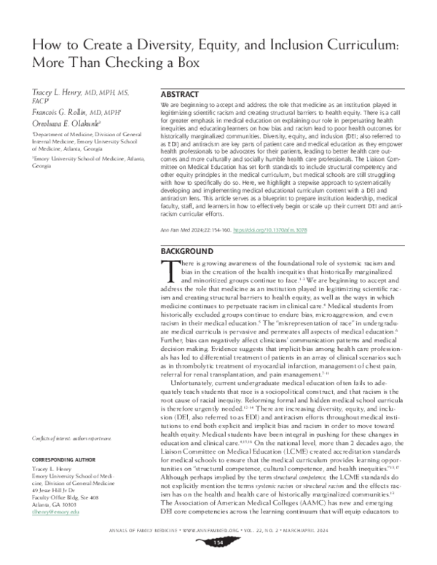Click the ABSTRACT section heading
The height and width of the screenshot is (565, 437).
coord(178,94)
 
